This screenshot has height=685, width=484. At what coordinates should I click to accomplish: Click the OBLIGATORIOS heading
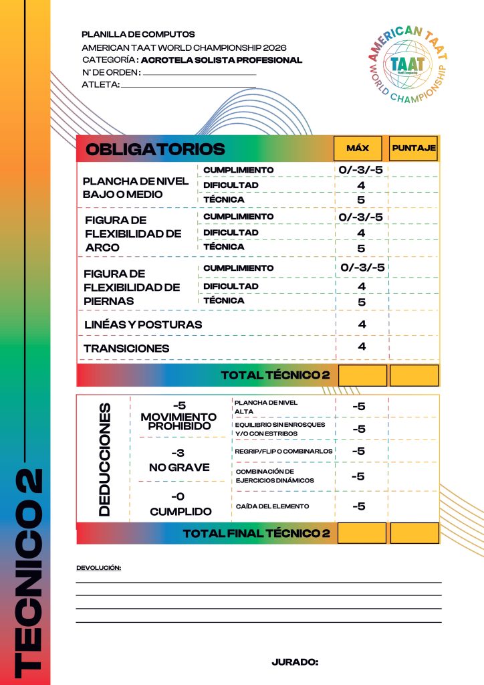(x=155, y=149)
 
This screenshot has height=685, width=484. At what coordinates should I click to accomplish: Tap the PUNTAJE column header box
(x=414, y=148)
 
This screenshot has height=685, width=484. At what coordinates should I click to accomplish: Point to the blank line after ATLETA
(x=189, y=86)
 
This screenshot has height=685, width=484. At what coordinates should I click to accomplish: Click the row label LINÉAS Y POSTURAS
(x=143, y=324)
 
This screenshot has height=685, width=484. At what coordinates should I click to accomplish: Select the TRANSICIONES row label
(x=127, y=348)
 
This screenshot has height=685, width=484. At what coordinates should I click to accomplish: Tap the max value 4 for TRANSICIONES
(x=362, y=347)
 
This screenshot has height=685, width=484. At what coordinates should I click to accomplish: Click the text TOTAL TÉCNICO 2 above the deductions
(x=275, y=375)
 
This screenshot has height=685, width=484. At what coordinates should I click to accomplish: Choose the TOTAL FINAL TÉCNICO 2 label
(x=257, y=533)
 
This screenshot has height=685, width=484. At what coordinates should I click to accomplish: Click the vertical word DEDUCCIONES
(x=104, y=458)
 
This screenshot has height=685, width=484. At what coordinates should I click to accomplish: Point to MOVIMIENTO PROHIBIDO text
(x=178, y=421)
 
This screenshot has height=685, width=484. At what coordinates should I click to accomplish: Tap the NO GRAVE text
(x=178, y=467)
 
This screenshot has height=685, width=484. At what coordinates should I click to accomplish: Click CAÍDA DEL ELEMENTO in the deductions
(x=272, y=506)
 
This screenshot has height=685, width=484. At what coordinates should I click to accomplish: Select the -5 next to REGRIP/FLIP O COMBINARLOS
(x=358, y=451)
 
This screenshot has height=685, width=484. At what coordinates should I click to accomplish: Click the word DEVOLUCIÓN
(x=99, y=567)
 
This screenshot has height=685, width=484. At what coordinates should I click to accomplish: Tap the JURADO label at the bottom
(x=295, y=662)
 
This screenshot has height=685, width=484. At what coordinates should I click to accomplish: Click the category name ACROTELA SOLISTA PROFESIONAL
(x=222, y=60)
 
